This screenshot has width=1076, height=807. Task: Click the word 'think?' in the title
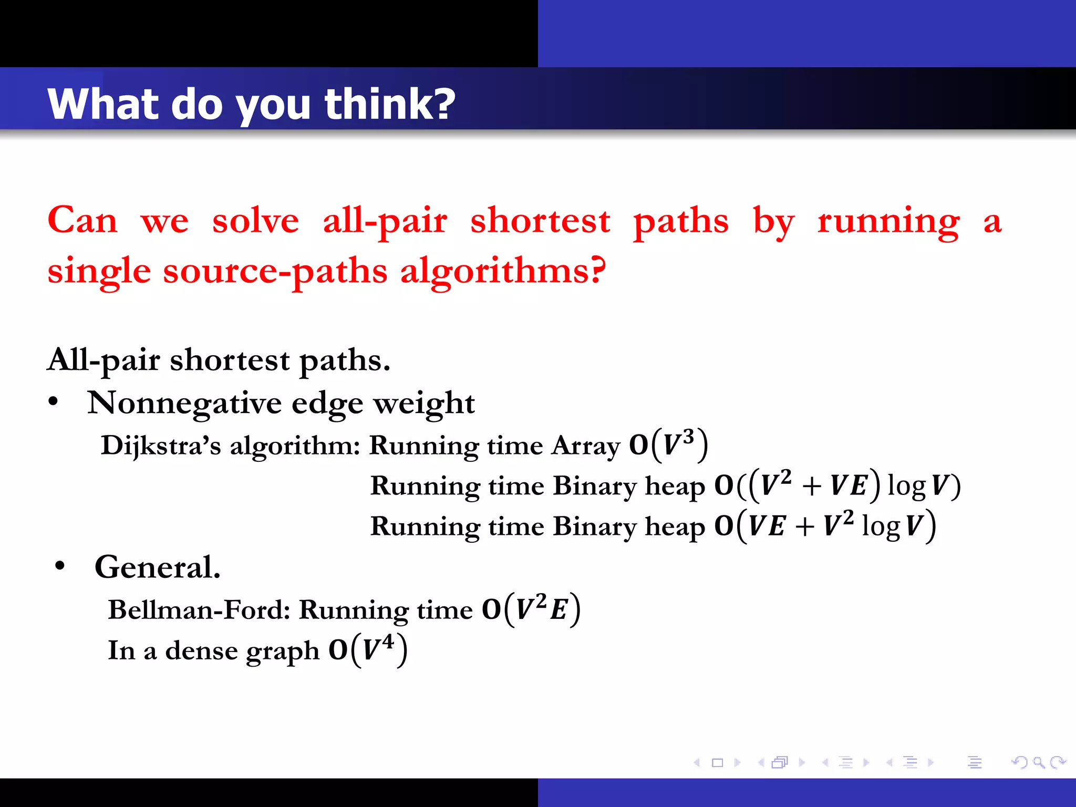389,104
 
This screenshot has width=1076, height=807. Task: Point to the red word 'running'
888,221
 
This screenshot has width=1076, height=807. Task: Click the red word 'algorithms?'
503,271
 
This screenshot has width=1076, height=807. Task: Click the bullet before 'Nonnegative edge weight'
53,402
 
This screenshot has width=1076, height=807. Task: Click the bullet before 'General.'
60,566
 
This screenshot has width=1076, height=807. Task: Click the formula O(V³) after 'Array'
668,445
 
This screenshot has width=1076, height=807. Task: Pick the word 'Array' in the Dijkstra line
586,446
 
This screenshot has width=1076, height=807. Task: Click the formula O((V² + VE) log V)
837,485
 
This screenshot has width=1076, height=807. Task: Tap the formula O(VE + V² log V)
825,525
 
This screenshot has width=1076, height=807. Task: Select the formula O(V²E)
531,609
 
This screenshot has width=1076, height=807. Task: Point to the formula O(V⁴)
368,650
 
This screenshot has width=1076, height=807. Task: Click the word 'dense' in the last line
201,650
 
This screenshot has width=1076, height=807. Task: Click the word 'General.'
157,567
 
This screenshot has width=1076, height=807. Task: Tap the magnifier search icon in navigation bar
1038,762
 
